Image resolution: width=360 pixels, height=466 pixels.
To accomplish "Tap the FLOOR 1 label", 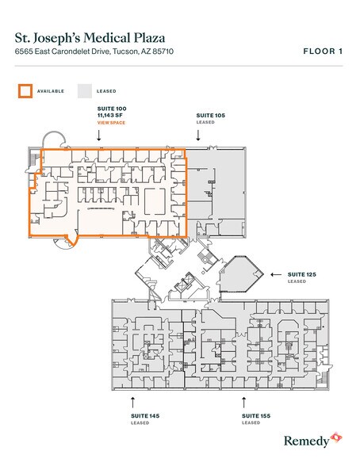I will [x=322, y=52].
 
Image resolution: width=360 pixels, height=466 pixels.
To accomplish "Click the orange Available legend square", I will [x=25, y=91].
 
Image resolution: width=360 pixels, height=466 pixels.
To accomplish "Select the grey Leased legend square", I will [x=85, y=91].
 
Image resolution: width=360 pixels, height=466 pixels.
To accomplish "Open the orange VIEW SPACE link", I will [x=109, y=123].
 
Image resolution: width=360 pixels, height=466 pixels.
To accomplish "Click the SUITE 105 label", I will [x=210, y=116].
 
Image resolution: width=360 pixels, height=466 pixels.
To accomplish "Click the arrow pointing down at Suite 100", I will [x=99, y=136].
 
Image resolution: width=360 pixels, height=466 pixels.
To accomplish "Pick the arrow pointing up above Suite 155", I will [x=244, y=402].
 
